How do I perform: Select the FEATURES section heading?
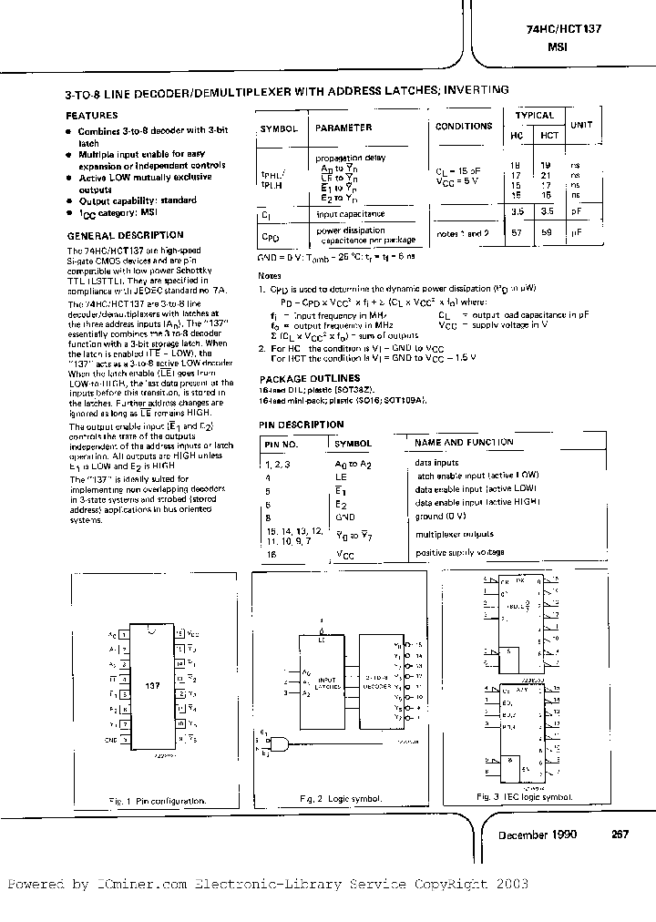92,116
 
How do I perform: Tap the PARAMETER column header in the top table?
343,128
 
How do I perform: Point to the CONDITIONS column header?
463,127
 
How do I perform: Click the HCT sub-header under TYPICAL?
549,135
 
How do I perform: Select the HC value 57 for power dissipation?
517,234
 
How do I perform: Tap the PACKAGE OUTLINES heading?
310,378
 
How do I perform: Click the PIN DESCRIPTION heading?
302,425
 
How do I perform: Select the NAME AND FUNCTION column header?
464,442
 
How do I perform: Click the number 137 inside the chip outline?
152,683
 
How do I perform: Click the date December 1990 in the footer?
536,835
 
